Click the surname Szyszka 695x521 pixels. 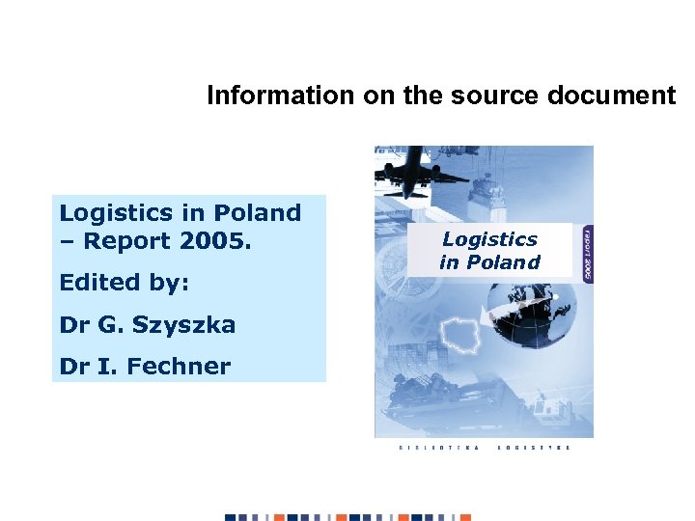coord(182,325)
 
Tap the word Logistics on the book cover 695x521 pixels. coord(489,239)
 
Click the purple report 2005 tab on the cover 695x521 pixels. coord(586,253)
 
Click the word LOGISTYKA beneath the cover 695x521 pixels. coord(534,448)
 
